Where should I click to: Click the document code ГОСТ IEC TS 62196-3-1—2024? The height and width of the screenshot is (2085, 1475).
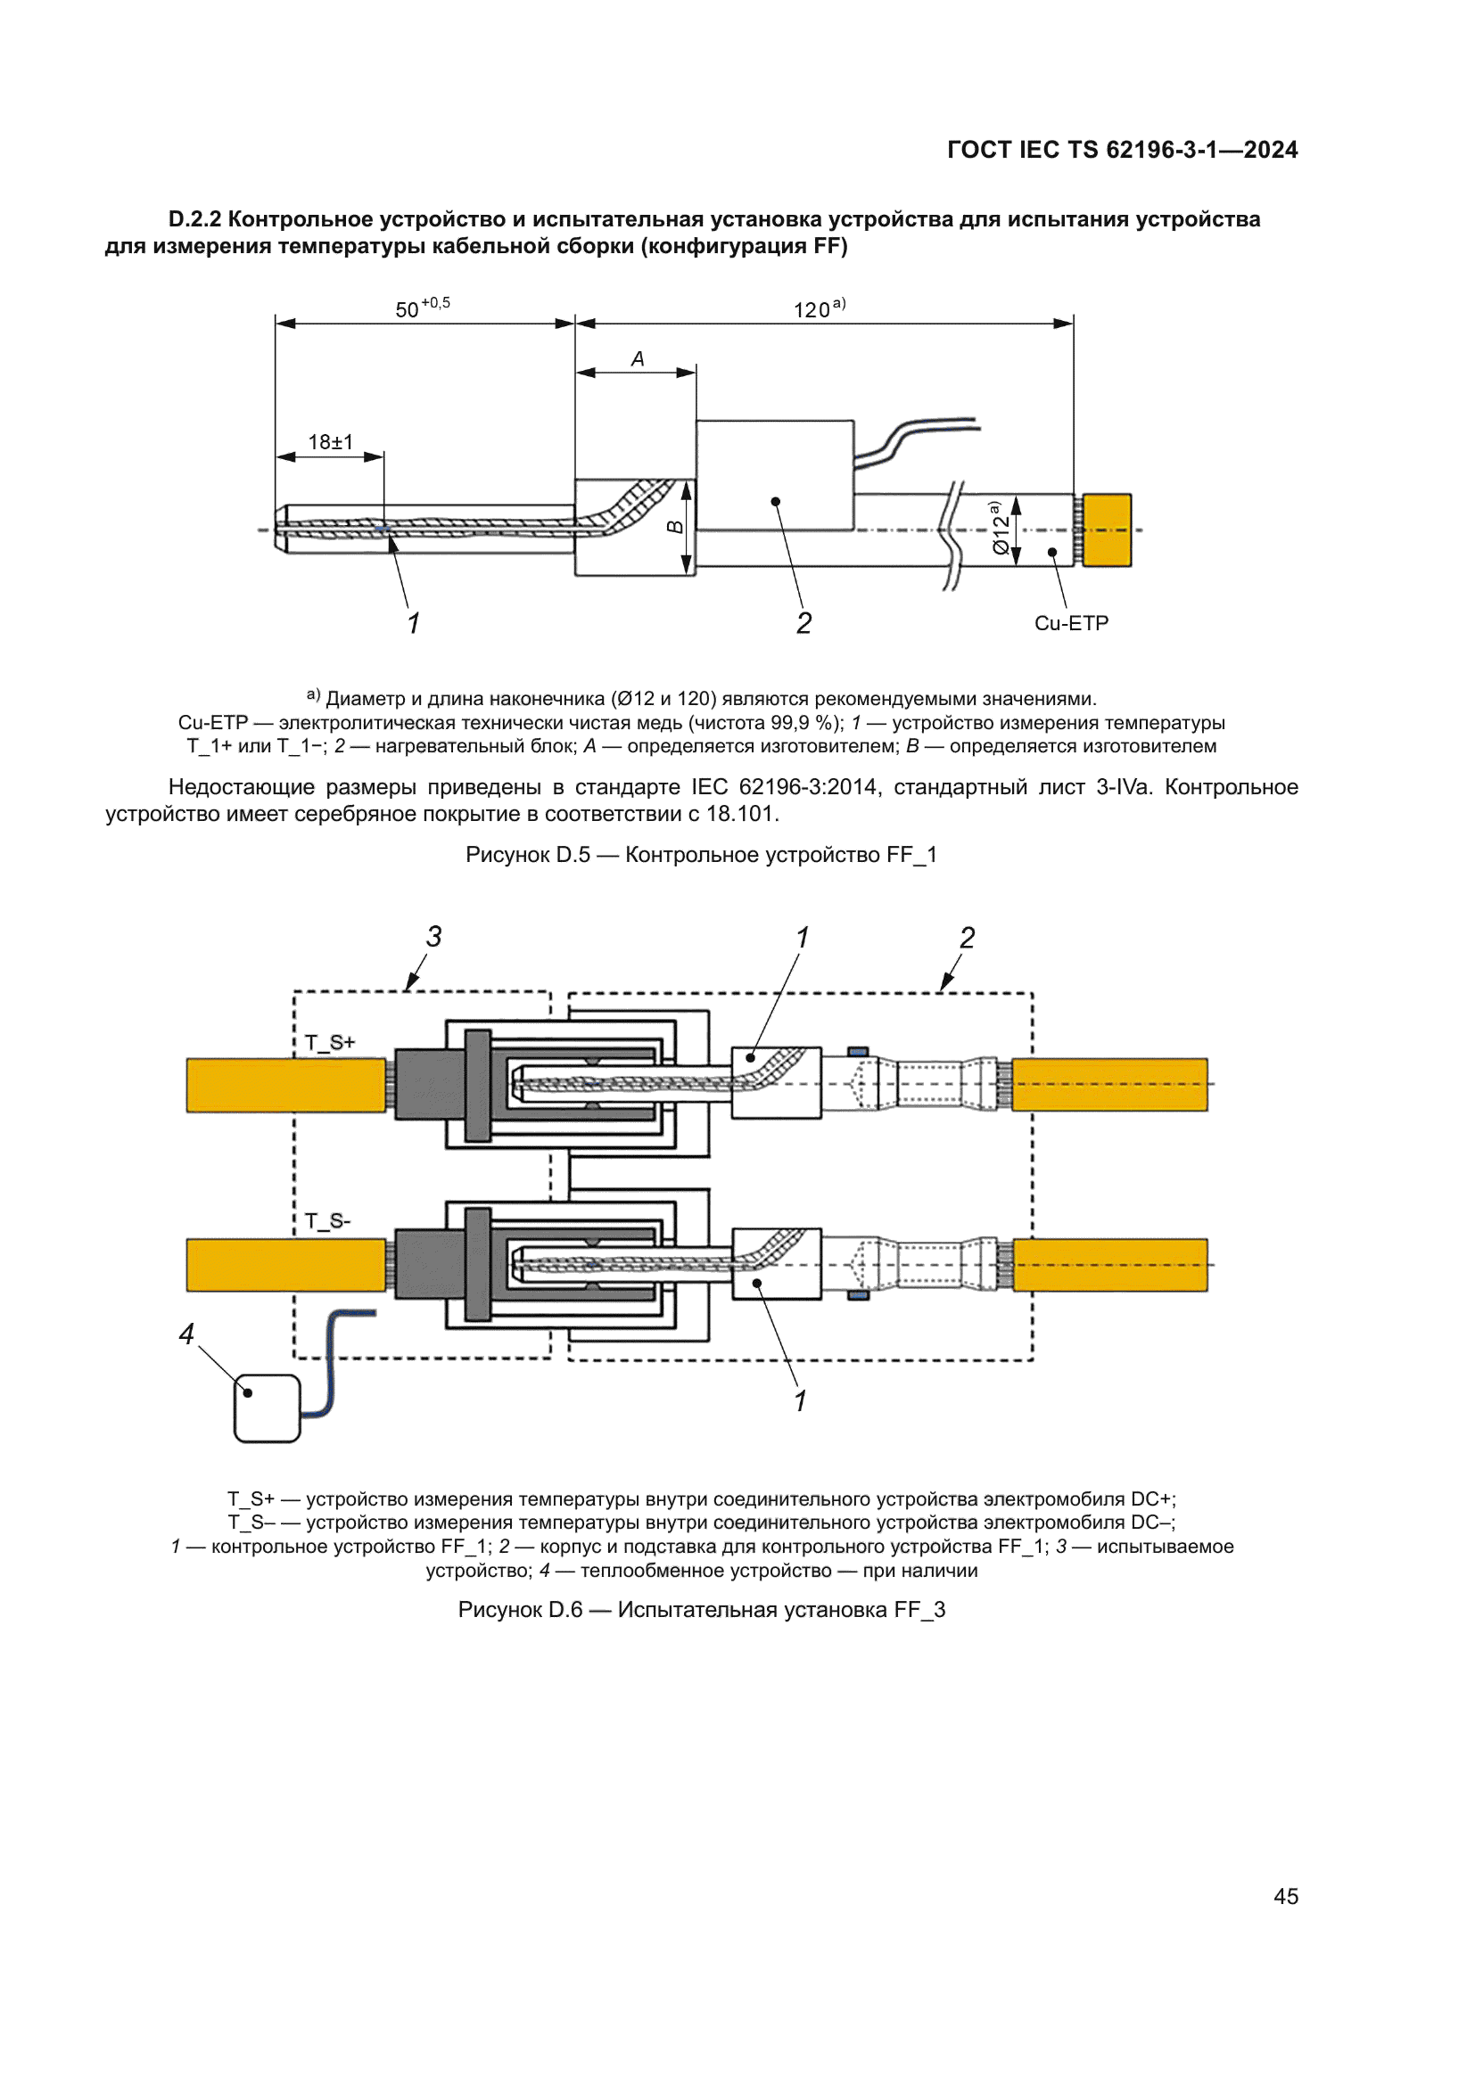click(x=1122, y=150)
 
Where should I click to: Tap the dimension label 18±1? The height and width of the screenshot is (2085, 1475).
click(x=331, y=442)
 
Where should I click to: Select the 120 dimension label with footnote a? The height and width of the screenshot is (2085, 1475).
click(x=818, y=309)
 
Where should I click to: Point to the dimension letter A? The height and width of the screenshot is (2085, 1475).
click(x=638, y=359)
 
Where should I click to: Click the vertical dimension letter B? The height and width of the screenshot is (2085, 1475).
click(x=675, y=527)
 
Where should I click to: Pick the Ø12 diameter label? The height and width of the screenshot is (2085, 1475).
click(x=999, y=529)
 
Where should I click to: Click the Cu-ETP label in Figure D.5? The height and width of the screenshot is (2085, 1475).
click(x=1071, y=623)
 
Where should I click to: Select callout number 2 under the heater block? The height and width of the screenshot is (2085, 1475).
click(x=803, y=623)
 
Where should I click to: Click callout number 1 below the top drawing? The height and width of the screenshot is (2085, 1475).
click(x=413, y=623)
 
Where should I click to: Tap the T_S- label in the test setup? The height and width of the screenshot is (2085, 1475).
click(x=328, y=1220)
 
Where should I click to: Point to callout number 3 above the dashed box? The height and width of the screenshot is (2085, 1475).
click(x=434, y=936)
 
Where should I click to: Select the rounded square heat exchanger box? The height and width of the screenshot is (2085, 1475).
click(x=267, y=1408)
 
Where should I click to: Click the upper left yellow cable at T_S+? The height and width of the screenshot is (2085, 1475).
click(x=285, y=1084)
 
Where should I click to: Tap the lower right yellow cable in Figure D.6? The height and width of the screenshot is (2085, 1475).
click(x=1109, y=1264)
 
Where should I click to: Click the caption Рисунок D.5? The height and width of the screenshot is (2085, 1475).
click(x=700, y=855)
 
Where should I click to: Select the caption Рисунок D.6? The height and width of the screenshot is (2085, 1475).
click(x=700, y=1609)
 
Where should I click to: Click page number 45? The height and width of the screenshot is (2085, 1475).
click(x=1285, y=1896)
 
